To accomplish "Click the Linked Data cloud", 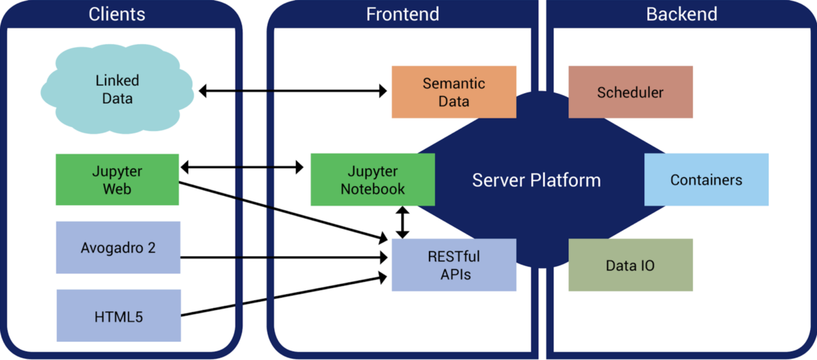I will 117,90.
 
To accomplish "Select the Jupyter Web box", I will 117,180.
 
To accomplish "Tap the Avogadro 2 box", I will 118,247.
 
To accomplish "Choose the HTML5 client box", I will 118,316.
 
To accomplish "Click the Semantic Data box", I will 453,92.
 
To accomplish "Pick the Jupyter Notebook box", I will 372,180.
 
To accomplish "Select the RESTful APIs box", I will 453,265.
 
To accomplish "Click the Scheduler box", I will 630,92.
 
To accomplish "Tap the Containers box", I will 706,180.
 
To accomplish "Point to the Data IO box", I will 630,265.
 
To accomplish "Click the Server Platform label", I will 536,180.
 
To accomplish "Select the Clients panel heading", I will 117,14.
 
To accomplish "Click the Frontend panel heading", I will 402,14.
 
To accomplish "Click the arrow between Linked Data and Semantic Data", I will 293,90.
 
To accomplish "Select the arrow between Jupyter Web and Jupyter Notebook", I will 242,167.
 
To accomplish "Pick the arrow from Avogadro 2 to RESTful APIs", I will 283,257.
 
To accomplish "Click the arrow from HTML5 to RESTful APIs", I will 283,295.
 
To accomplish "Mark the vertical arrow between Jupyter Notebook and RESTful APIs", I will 403,223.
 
